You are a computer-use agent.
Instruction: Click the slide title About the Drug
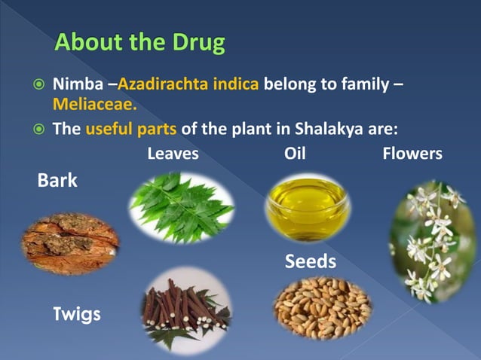click(139, 42)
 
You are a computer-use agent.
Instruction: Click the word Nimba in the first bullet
click(75, 81)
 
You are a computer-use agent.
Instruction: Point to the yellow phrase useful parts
click(131, 128)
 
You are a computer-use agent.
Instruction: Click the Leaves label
click(173, 154)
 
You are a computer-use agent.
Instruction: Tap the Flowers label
click(412, 154)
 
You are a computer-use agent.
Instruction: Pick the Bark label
click(57, 182)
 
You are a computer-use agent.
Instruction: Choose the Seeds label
click(310, 262)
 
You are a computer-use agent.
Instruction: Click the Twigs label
click(76, 314)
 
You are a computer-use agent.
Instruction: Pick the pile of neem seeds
click(322, 307)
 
